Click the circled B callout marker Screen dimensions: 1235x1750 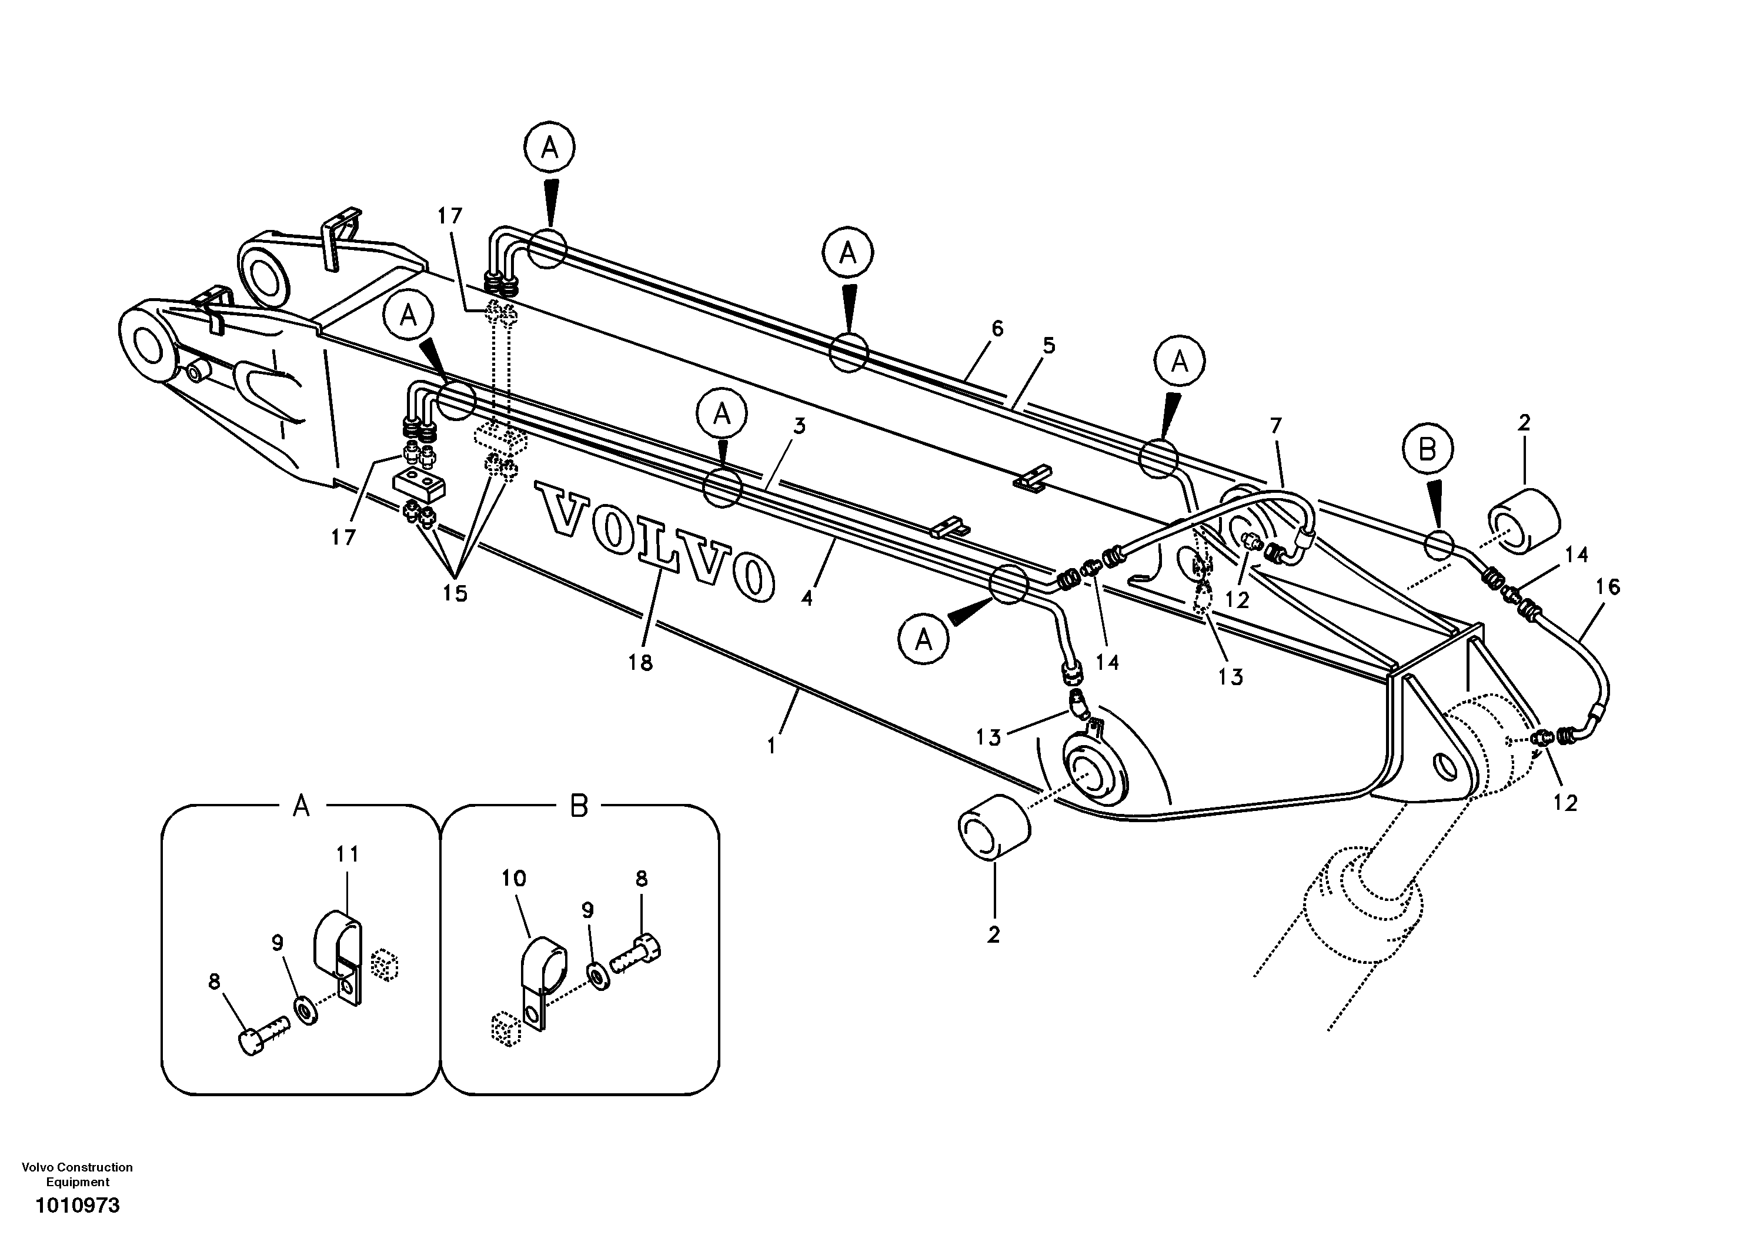[1426, 450]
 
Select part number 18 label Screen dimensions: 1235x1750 [640, 663]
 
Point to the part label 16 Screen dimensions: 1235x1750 [1608, 587]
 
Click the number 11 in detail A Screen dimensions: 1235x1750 [347, 855]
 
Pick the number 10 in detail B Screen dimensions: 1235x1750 [514, 878]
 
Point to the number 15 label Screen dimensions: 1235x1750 [455, 593]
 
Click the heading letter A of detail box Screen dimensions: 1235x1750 [301, 806]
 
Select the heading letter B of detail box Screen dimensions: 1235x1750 [579, 806]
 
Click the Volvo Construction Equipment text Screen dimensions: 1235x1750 [77, 1174]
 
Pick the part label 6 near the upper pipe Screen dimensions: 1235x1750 [997, 329]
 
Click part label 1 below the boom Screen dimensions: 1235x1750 [772, 746]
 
